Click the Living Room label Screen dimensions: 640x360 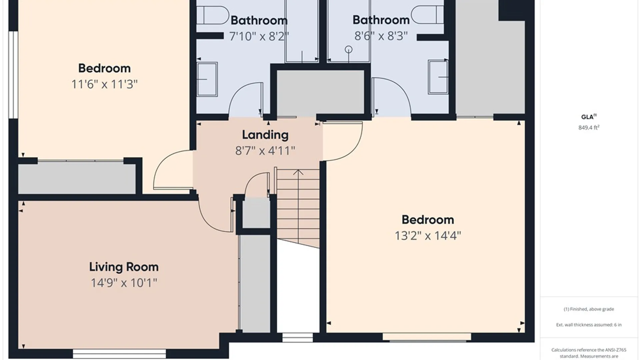[124, 267]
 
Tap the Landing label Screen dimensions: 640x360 [265, 135]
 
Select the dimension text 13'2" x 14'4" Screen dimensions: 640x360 [428, 236]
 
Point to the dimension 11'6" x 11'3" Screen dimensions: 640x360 [104, 84]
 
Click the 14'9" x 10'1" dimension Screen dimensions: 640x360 [124, 283]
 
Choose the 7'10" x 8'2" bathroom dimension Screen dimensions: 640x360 [259, 36]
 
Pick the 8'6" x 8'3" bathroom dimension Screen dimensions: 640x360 [381, 36]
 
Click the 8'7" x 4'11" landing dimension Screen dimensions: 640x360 [265, 151]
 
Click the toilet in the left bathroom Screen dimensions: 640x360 [210, 15]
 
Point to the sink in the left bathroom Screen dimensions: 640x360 [207, 79]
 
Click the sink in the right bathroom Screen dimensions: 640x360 [438, 77]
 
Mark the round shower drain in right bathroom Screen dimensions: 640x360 [348, 50]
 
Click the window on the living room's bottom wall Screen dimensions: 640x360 [119, 354]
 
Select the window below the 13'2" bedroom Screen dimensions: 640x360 [427, 337]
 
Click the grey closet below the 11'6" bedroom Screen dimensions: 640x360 [77, 179]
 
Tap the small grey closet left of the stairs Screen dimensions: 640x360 [256, 213]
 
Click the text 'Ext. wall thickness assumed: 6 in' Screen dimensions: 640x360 [589, 325]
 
